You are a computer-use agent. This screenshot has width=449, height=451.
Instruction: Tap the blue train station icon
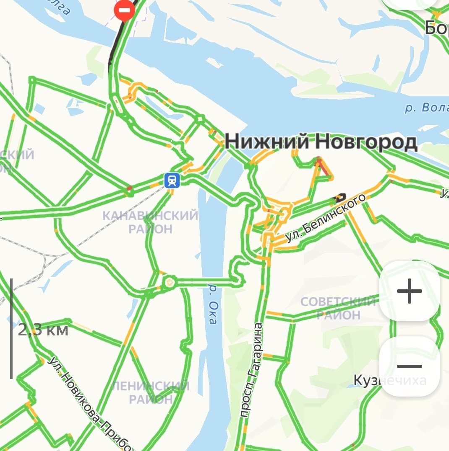click(172, 180)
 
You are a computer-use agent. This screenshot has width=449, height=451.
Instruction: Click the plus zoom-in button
click(409, 291)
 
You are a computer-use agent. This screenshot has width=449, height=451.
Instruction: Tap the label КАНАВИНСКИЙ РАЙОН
click(150, 222)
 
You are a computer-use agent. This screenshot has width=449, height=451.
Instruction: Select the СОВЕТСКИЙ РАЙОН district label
click(338, 308)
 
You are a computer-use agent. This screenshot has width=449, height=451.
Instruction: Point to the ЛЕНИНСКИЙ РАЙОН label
click(150, 392)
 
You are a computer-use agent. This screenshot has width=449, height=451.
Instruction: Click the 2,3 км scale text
click(43, 330)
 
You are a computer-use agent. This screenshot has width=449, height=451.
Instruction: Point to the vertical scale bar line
click(11, 328)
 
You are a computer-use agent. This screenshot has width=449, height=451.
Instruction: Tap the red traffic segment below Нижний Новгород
click(323, 168)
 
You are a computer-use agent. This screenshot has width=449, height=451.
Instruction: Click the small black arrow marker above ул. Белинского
click(340, 196)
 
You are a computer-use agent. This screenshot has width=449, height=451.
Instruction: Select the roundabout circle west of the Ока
click(170, 282)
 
